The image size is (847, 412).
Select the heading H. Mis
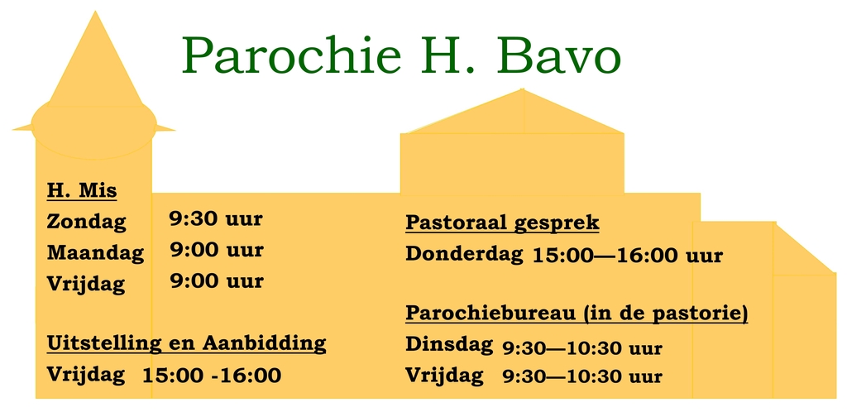[x=82, y=191]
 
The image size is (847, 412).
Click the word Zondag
[x=86, y=222]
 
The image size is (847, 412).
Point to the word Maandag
[x=95, y=252]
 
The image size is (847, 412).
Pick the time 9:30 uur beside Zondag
[x=216, y=219]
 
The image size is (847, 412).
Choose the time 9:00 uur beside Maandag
[x=217, y=249]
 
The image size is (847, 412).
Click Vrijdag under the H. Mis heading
[x=86, y=283]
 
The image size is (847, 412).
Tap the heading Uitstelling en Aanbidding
[x=186, y=343]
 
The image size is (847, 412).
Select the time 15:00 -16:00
[x=212, y=376]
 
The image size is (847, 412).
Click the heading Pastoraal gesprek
[x=502, y=223]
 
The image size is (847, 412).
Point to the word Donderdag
[x=463, y=253]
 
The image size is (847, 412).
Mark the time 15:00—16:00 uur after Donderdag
[x=627, y=255]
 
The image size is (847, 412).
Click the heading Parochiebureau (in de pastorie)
[x=577, y=314]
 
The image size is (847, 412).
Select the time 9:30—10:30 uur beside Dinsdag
[x=582, y=348]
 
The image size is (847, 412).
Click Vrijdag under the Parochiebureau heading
[x=444, y=376]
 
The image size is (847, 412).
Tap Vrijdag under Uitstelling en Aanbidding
[x=86, y=374]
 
